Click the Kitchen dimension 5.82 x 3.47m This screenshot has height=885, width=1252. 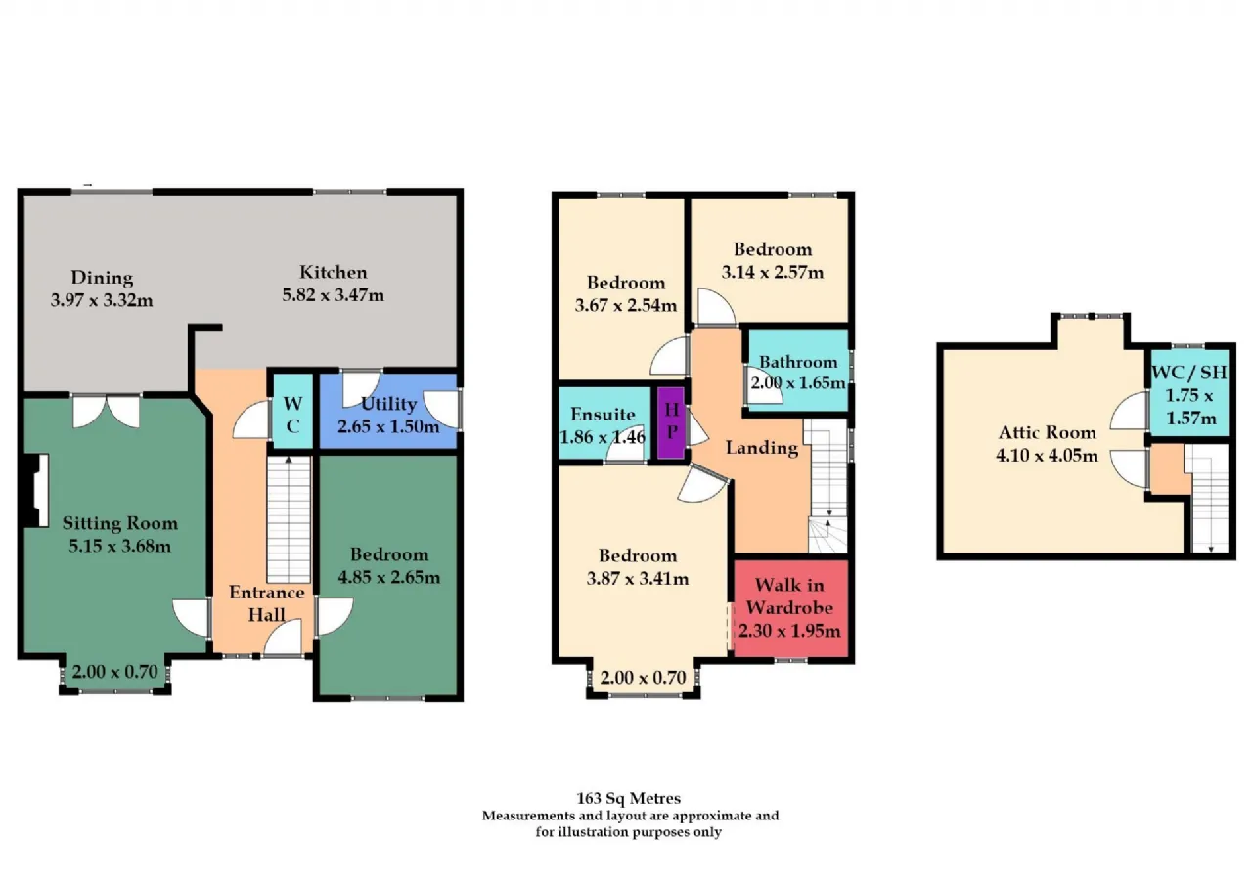point(333,295)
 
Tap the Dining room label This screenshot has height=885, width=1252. point(102,278)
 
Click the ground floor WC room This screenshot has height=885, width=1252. point(292,412)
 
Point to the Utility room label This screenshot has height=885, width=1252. point(389,404)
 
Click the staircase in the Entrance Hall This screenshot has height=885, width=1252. point(289,519)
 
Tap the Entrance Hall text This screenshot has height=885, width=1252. point(267,603)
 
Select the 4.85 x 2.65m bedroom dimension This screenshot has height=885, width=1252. point(389,577)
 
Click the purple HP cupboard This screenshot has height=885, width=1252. point(671,423)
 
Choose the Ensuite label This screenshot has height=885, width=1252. point(603,414)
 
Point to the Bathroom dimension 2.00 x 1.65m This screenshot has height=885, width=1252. point(797,383)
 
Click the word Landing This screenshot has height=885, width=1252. point(761,448)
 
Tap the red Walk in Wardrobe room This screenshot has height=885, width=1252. point(791,608)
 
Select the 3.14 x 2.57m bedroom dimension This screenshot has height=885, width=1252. point(773,272)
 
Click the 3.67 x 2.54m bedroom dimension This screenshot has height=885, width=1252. point(625,306)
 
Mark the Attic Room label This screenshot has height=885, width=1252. point(1047,432)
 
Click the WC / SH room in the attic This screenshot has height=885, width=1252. point(1188,393)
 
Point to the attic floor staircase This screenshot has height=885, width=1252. point(1210,499)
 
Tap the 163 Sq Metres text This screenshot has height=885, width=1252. point(628,798)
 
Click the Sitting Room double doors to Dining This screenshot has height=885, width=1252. point(107,412)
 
